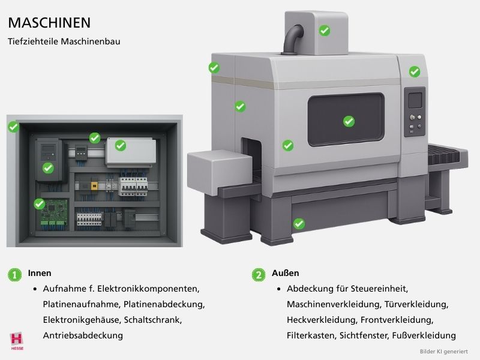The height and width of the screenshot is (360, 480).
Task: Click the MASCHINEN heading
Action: point(49,23)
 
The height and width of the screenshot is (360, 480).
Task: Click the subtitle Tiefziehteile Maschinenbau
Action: point(64,43)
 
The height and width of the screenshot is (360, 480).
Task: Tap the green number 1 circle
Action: point(15,274)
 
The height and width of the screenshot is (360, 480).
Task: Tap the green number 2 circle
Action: point(259,274)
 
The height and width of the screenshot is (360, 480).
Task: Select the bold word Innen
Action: point(40,273)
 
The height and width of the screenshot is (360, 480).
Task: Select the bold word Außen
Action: point(285,273)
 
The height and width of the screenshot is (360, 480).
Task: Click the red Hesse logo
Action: point(17,340)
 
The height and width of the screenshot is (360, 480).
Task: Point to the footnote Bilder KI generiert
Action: point(443,351)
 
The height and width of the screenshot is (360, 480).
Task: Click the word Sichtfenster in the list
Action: point(362,335)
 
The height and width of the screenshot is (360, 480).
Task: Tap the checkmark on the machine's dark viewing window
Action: point(349,121)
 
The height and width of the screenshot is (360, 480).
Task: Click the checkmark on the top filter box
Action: point(324,30)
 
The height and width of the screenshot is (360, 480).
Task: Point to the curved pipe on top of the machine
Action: point(292,38)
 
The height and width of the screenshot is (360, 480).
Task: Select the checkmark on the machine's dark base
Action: point(299,224)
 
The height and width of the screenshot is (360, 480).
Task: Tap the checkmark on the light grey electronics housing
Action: point(120,145)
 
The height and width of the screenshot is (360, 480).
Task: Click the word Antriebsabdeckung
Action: point(83,335)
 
